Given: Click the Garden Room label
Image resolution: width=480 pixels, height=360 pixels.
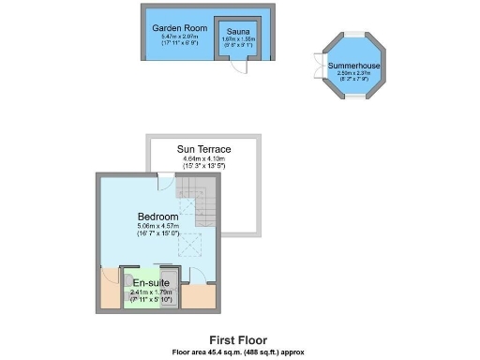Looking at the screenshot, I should pyautogui.click(x=179, y=28).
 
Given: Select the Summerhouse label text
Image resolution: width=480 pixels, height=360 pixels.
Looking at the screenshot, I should pyautogui.click(x=352, y=64).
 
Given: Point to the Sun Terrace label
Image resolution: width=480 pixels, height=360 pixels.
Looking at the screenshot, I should pyautogui.click(x=203, y=149).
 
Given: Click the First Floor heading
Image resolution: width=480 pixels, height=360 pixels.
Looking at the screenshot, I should pyautogui.click(x=239, y=340).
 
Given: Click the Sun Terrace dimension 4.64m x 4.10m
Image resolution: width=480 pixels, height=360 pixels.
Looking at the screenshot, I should pyautogui.click(x=203, y=159).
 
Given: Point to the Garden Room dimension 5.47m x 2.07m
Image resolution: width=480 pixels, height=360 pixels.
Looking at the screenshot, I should pyautogui.click(x=179, y=37).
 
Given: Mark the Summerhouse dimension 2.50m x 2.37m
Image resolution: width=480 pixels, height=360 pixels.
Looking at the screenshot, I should pyautogui.click(x=352, y=73).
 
